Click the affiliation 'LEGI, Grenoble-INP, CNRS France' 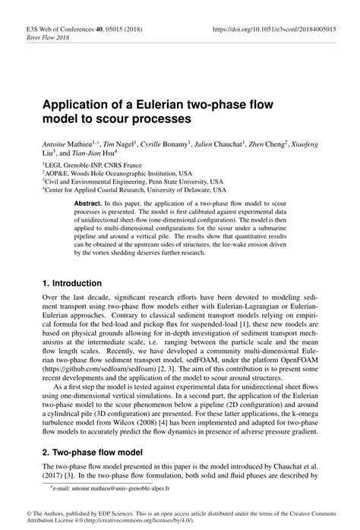82,164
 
